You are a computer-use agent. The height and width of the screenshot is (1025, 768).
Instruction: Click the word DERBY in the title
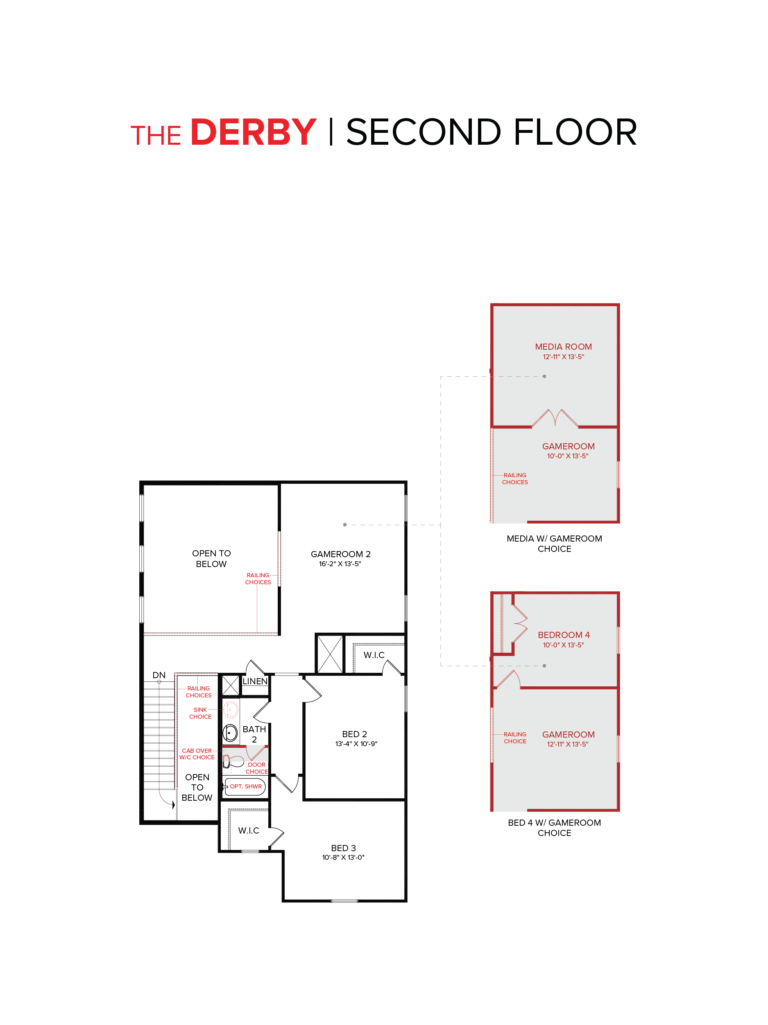coord(253,132)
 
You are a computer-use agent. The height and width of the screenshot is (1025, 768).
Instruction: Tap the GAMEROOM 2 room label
coord(340,554)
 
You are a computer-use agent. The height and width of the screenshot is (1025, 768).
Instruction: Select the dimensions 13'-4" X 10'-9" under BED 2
coord(356,744)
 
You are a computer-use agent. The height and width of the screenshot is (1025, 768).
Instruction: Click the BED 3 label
coord(343,848)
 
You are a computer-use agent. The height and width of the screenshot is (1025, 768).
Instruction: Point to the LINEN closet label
coord(255,681)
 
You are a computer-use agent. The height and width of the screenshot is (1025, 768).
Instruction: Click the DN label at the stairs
coord(159,675)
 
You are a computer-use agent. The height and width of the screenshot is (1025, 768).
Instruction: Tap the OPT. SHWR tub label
coord(245,786)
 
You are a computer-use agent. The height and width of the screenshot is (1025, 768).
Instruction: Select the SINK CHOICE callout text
coord(200,713)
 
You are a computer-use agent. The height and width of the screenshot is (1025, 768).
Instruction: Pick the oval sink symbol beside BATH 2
coord(230,733)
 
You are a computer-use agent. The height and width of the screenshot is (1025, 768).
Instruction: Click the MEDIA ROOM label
coord(563,346)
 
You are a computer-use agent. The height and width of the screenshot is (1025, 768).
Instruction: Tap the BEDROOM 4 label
coord(563,635)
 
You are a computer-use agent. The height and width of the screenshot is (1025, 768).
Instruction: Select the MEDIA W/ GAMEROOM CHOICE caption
coord(554,544)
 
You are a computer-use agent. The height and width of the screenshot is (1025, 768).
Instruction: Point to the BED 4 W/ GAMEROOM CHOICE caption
coord(554,828)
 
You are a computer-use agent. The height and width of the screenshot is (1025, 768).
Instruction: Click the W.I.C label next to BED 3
coord(249,830)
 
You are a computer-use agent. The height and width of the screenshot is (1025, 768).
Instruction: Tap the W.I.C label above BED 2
coord(374,655)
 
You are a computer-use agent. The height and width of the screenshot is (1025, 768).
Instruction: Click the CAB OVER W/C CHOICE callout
coord(197,754)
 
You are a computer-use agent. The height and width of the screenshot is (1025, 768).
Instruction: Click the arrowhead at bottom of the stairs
coord(174,805)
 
